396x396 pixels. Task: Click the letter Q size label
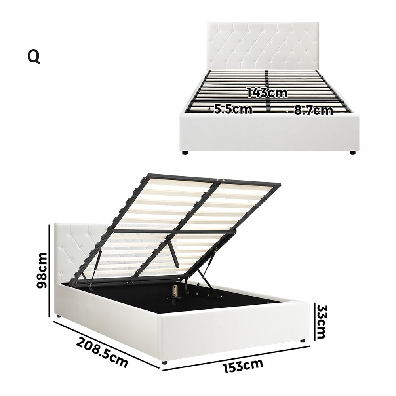[34, 57]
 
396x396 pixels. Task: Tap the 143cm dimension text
[267, 93]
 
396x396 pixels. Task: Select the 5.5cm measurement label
[233, 109]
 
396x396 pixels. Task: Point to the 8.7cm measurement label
[313, 110]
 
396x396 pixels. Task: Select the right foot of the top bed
[352, 152]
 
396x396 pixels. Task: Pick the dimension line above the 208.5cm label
[107, 343]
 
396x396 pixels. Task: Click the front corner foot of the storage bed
[165, 362]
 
